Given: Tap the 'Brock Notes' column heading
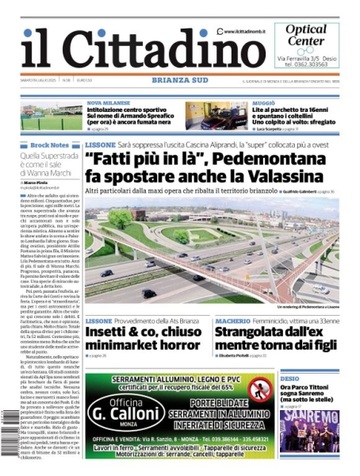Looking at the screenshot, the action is coord(50,145).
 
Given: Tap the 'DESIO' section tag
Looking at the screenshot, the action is coord(290,379).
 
